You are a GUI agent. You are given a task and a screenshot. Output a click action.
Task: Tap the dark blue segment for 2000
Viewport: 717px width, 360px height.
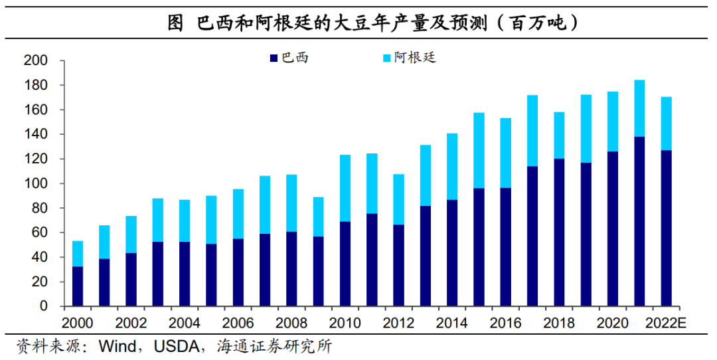[x=78, y=286]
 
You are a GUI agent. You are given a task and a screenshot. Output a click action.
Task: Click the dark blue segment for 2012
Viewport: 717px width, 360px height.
[x=398, y=265]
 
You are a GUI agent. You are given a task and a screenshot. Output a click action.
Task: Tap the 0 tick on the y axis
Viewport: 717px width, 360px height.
[x=44, y=307]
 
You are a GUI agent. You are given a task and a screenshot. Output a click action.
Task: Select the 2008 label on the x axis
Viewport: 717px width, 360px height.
[x=291, y=323]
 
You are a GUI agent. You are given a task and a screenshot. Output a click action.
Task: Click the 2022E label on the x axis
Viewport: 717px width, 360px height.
[x=666, y=323]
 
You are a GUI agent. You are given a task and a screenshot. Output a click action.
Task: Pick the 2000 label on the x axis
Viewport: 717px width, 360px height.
[x=78, y=323]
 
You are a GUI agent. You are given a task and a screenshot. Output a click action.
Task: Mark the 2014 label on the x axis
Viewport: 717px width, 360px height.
[x=452, y=323]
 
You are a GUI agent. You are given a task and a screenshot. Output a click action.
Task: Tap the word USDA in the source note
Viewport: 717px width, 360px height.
[x=176, y=346]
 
